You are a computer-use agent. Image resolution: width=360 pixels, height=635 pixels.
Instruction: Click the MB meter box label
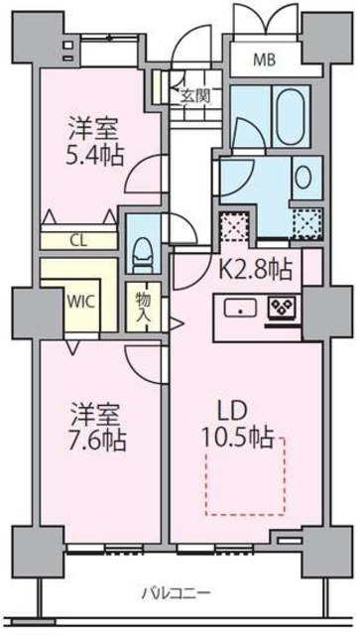pyautogui.click(x=263, y=61)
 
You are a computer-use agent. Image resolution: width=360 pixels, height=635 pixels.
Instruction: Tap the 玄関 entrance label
pyautogui.click(x=195, y=95)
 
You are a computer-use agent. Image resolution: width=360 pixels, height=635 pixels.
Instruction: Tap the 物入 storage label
pyautogui.click(x=143, y=306)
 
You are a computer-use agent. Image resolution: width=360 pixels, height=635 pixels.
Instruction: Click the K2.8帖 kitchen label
pyautogui.click(x=255, y=268)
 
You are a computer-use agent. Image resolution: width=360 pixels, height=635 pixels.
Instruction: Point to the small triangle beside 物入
pyautogui.click(x=176, y=321)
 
